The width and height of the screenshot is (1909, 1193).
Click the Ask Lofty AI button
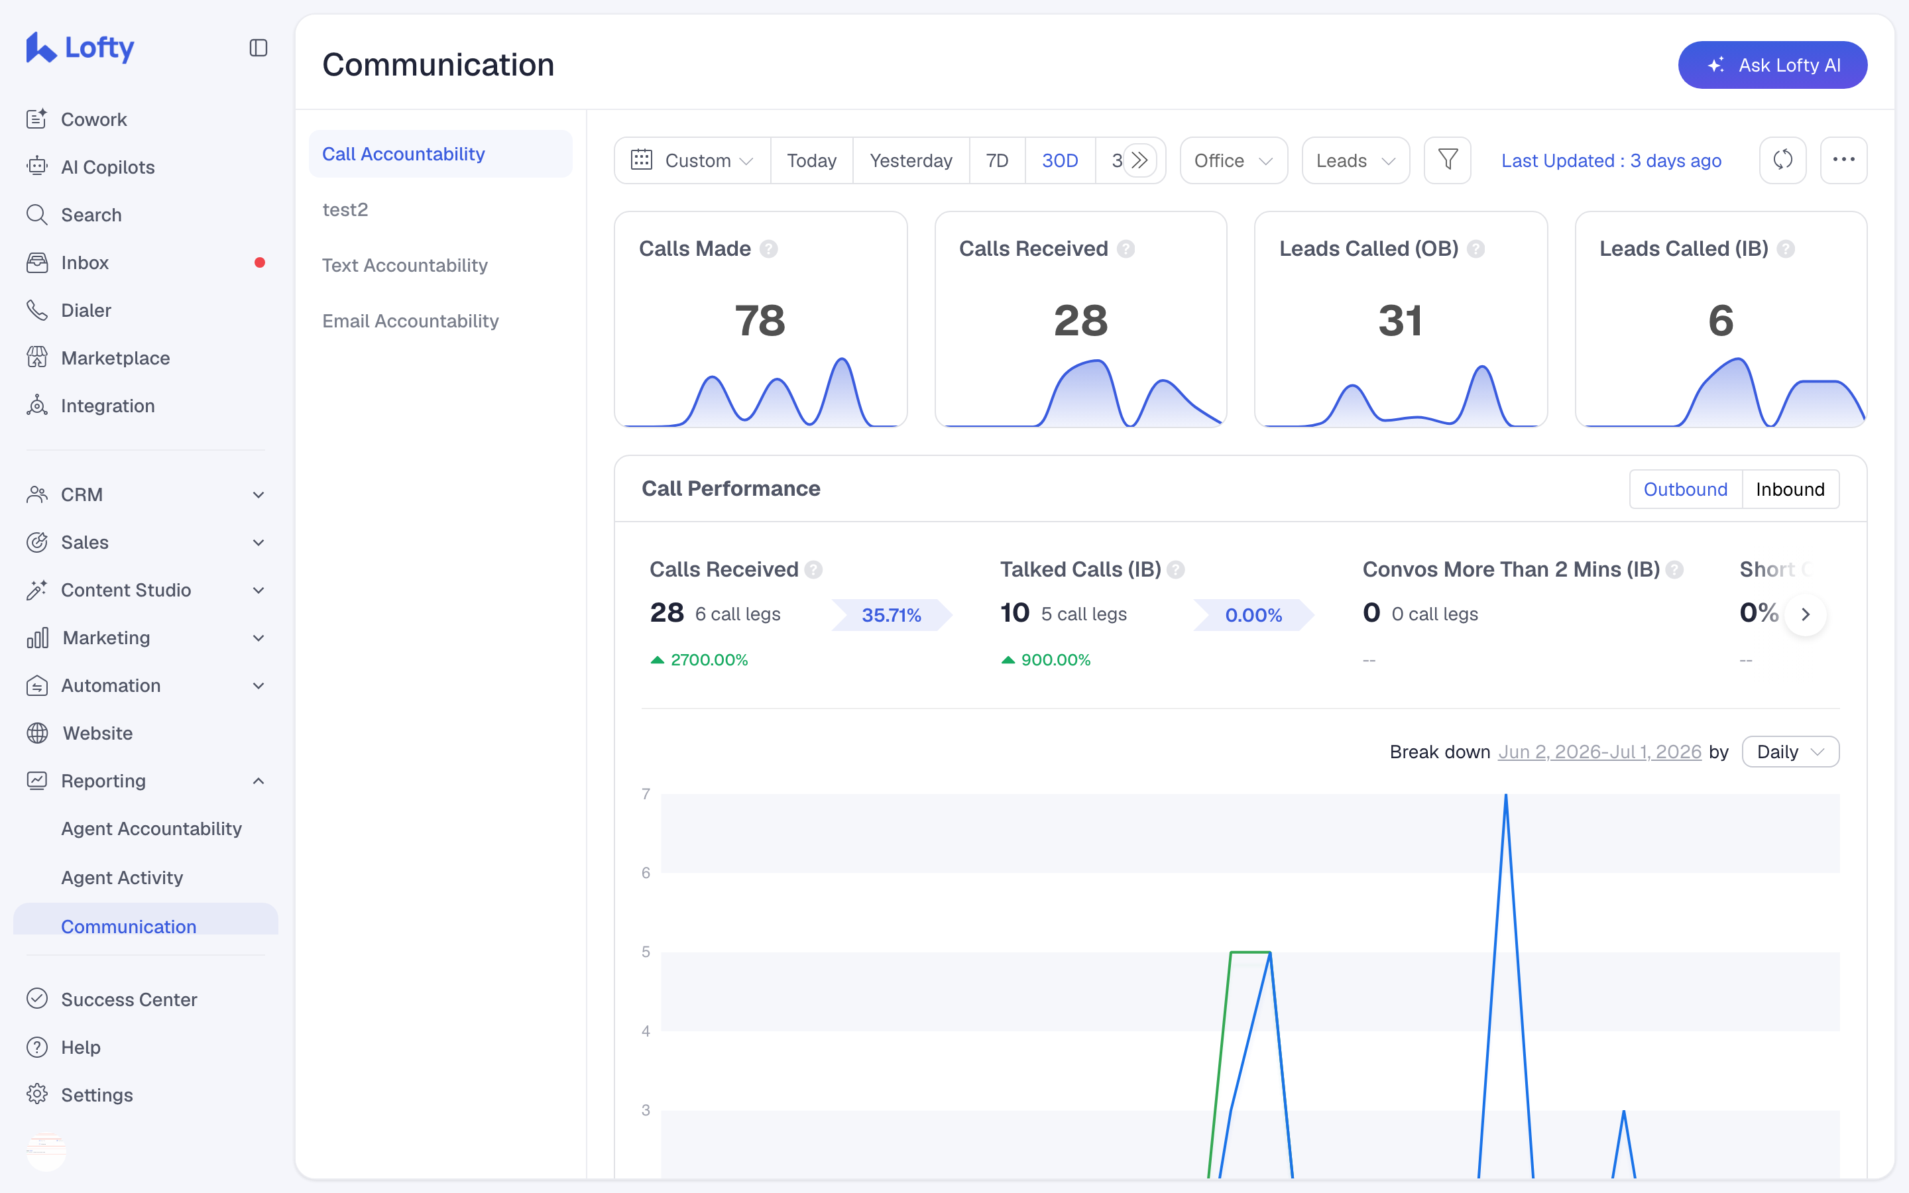(x=1772, y=65)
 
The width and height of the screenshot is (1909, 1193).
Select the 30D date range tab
(x=1059, y=160)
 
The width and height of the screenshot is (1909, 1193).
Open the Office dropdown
(x=1233, y=160)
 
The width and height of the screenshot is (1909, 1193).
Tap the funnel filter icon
(x=1447, y=160)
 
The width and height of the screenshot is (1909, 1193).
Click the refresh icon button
(x=1782, y=160)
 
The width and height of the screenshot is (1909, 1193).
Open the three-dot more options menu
(x=1843, y=160)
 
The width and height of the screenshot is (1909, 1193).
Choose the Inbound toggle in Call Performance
(x=1790, y=489)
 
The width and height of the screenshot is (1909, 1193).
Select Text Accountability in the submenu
(x=405, y=265)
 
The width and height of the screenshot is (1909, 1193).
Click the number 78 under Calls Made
(x=760, y=320)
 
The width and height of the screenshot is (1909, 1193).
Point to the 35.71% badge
(x=892, y=614)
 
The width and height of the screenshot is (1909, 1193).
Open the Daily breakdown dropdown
(x=1790, y=752)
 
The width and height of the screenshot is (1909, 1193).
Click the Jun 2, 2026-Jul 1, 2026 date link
(x=1599, y=752)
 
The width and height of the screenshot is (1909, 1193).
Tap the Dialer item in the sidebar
(x=86, y=310)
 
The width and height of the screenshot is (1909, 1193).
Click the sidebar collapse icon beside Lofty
(x=258, y=48)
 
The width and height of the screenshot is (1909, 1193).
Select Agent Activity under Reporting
(x=122, y=878)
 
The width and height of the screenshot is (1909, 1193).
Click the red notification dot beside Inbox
(x=260, y=262)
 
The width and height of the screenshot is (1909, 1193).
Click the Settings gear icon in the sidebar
(x=37, y=1094)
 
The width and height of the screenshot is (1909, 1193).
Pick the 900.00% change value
(x=1055, y=659)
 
